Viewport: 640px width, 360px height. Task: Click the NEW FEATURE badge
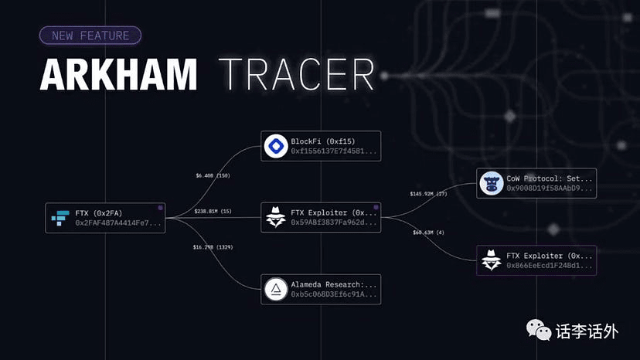[x=90, y=35]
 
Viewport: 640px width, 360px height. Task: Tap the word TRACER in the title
[x=298, y=76]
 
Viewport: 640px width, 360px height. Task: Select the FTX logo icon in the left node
[x=60, y=218]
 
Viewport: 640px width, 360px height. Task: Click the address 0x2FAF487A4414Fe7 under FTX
[x=119, y=223]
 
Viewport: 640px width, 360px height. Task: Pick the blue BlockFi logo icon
[x=275, y=146]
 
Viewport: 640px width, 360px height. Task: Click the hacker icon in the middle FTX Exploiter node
[x=275, y=218]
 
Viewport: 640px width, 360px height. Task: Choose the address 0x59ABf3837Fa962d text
[x=334, y=223]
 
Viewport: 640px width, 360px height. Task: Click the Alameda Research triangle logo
[x=275, y=289]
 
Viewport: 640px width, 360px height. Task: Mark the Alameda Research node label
[x=334, y=284]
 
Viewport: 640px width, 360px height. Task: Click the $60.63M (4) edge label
[x=430, y=232]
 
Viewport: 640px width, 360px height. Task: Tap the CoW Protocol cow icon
[x=491, y=183]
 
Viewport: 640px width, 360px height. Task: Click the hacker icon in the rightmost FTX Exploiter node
[x=491, y=260]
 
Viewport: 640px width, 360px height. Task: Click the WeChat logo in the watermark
[x=539, y=331]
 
